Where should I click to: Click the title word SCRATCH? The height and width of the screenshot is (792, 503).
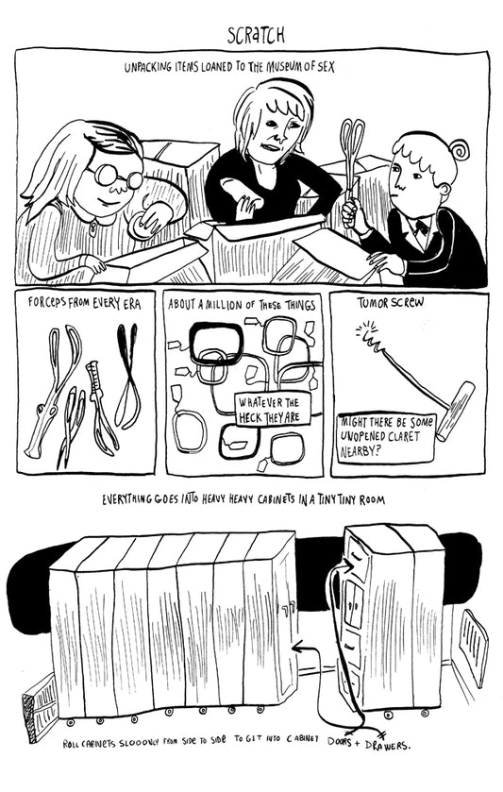256,35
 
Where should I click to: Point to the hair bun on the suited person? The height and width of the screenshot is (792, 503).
459,148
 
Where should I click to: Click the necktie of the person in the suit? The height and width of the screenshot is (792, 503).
420,227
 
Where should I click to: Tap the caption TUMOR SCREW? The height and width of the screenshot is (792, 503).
391,303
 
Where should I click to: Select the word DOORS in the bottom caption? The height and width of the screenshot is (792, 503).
340,741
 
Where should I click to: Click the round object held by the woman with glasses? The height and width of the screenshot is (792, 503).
138,226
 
